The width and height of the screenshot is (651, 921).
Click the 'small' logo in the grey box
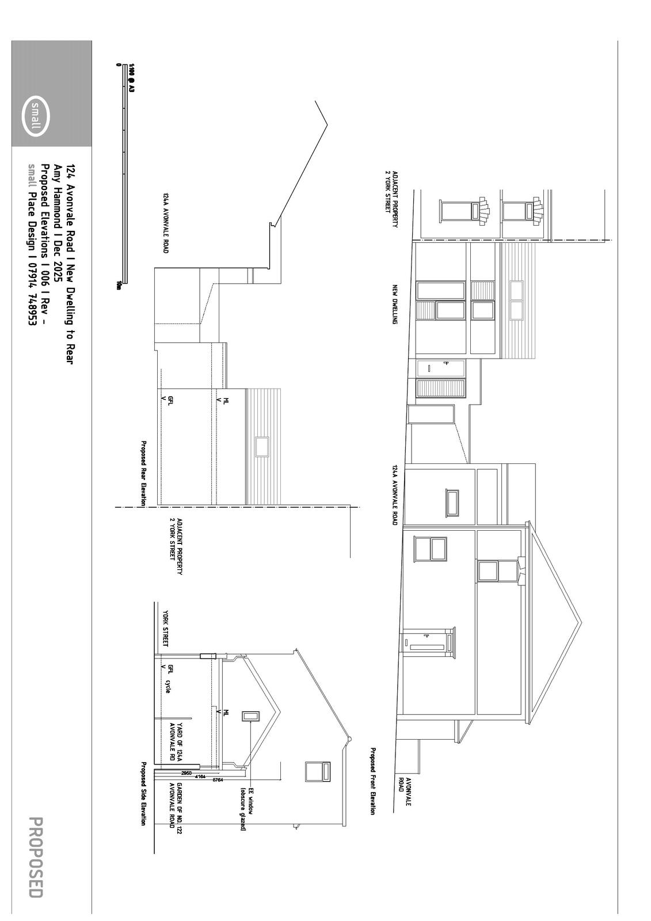(36, 115)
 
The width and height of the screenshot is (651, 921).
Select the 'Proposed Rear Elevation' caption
(143, 474)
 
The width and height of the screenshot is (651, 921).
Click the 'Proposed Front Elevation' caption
(373, 781)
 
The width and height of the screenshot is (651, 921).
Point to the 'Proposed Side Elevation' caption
(143, 794)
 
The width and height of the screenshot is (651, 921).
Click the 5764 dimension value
(218, 779)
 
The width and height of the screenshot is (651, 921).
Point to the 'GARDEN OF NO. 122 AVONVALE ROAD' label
(176, 805)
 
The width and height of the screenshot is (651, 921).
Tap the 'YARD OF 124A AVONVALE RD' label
(176, 742)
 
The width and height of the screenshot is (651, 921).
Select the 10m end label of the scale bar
(119, 285)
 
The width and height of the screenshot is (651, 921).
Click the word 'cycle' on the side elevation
(167, 686)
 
